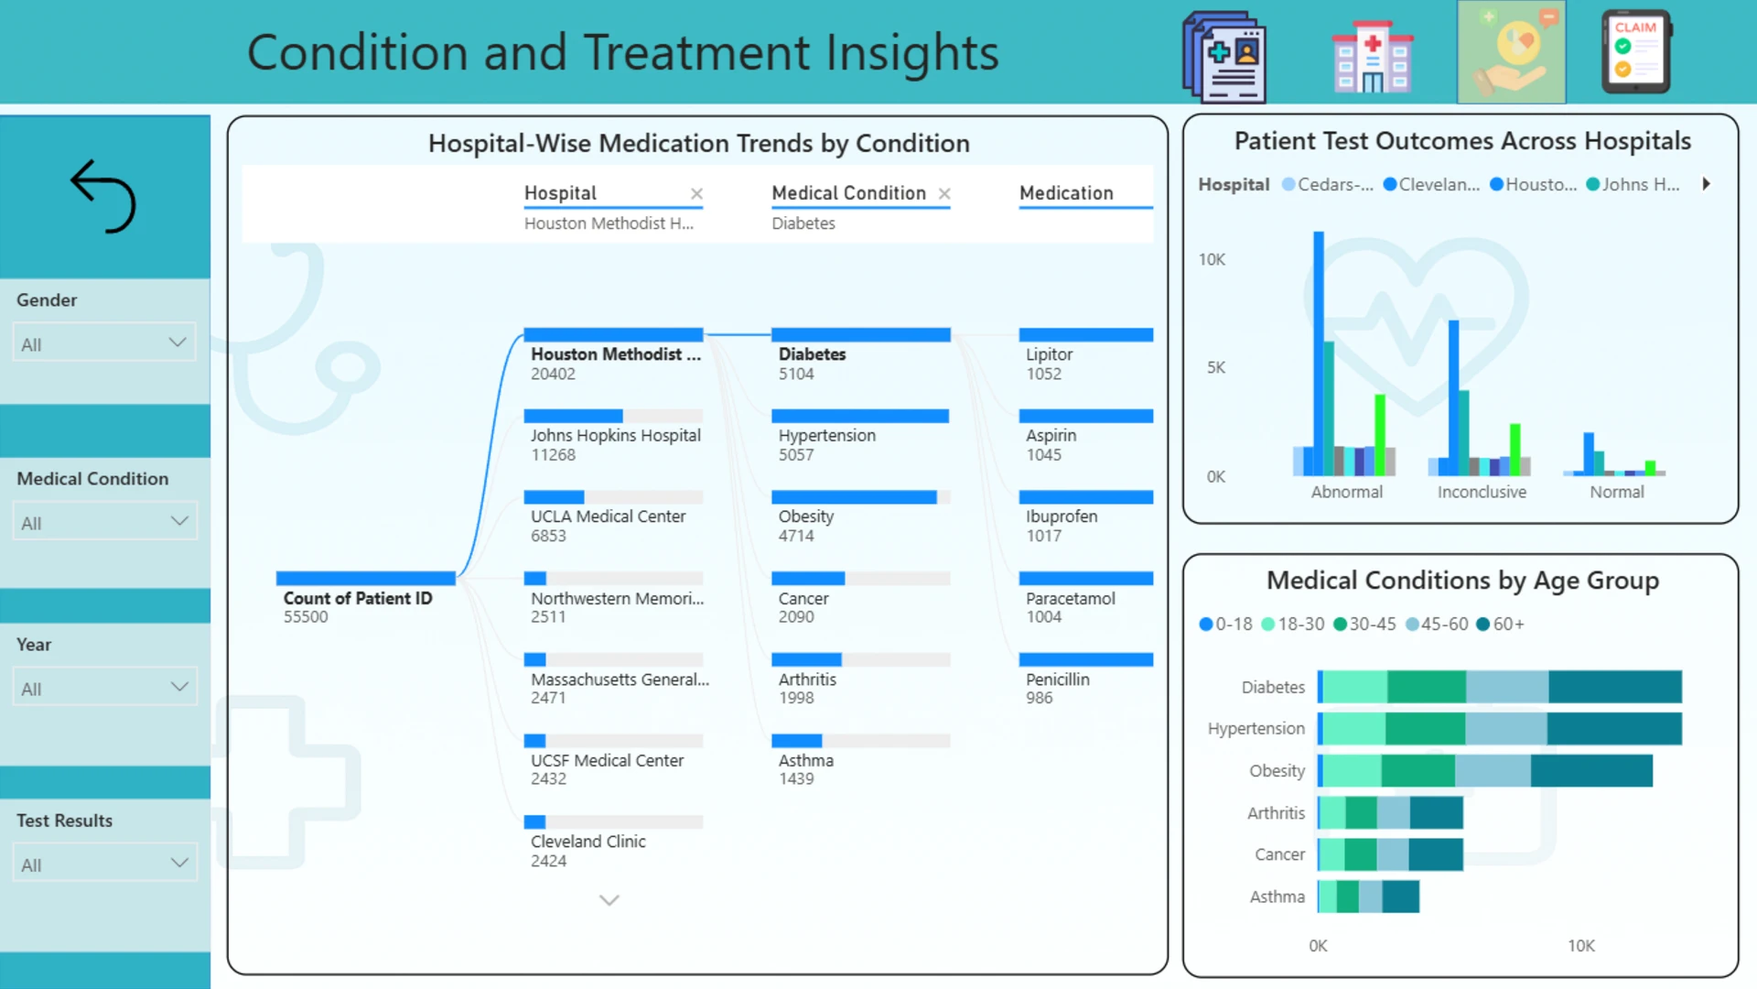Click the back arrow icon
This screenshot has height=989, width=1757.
click(x=103, y=196)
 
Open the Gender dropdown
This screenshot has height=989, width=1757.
click(x=104, y=343)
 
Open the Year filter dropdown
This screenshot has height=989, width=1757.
click(x=104, y=688)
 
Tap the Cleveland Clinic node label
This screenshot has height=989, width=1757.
click(x=588, y=842)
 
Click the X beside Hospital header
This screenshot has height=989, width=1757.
click(x=696, y=193)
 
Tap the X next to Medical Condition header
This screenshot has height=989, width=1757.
click(x=944, y=193)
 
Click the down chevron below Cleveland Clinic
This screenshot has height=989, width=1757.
click(x=609, y=900)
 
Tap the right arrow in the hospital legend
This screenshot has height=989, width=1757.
click(x=1706, y=184)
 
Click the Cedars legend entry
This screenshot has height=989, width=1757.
click(x=1328, y=184)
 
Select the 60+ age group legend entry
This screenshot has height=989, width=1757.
click(x=1501, y=625)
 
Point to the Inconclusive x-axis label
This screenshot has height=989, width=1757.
click(x=1482, y=492)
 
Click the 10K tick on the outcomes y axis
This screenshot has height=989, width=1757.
click(x=1212, y=259)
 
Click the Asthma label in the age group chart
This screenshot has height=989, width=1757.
click(x=1277, y=897)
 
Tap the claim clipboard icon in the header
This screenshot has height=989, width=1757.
click(x=1636, y=51)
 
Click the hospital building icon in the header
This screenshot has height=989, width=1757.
click(x=1372, y=57)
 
